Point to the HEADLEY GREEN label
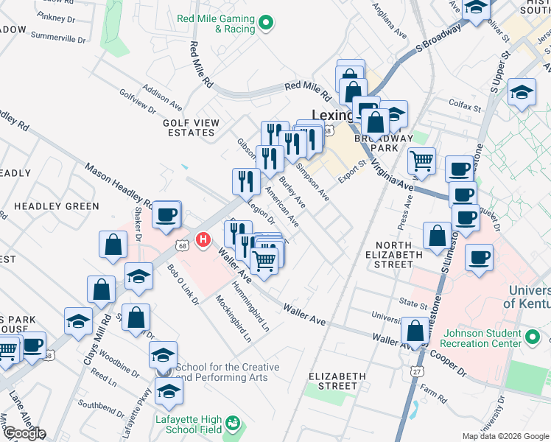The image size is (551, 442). click(56, 206)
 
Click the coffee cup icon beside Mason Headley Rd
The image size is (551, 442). click(166, 214)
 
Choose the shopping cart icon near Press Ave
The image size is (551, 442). click(421, 160)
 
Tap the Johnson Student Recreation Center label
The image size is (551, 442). click(480, 338)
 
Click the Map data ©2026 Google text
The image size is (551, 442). click(505, 436)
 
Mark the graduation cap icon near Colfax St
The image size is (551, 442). click(522, 92)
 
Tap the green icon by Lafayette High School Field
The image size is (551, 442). click(234, 424)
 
